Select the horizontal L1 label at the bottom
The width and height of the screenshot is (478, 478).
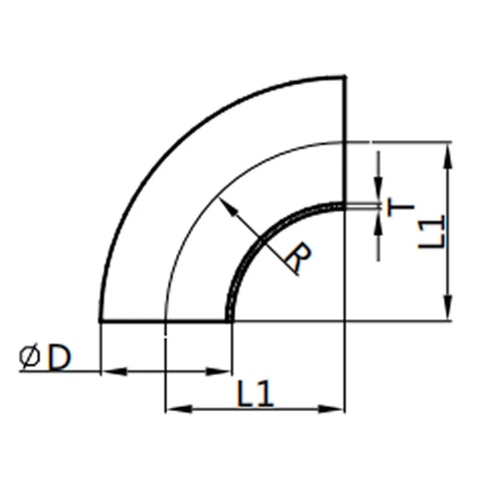tap(256, 393)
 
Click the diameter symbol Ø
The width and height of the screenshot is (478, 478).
tap(30, 358)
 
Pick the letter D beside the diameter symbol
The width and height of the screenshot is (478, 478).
tap(58, 358)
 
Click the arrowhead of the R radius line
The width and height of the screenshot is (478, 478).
tap(225, 205)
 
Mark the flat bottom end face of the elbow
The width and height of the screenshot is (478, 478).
tap(132, 321)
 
